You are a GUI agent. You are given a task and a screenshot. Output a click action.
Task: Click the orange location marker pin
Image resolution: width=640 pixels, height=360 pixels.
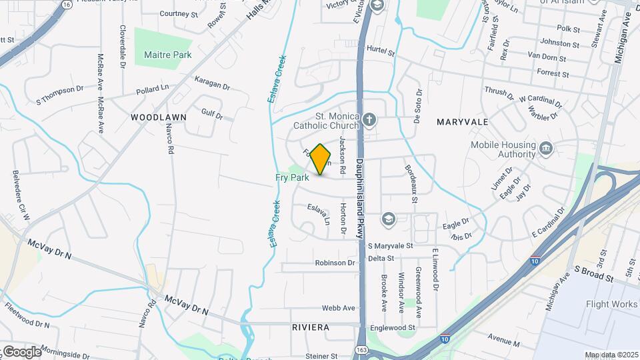[321, 160]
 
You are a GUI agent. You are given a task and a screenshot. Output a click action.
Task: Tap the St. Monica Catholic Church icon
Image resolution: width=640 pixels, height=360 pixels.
[369, 120]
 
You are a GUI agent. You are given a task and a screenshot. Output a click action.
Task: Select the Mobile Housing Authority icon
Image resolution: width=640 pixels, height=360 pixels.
[546, 148]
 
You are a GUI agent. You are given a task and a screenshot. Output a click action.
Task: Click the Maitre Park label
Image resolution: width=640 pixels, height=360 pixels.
[167, 55]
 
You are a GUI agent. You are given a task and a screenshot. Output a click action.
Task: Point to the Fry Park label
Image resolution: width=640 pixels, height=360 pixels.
[292, 178]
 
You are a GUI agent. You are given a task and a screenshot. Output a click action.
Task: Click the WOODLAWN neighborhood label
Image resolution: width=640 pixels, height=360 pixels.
[159, 117]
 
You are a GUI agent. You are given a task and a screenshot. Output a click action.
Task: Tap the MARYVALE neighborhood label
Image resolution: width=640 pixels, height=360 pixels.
[463, 122]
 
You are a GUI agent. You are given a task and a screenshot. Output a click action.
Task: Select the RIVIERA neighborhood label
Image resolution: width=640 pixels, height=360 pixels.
[311, 327]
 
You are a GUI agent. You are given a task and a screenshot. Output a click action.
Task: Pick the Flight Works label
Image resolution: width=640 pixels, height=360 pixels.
[611, 305]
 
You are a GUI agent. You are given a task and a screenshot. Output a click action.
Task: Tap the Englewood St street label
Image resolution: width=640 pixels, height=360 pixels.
[394, 328]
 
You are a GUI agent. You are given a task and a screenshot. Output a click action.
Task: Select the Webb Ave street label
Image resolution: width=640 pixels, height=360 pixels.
[339, 308]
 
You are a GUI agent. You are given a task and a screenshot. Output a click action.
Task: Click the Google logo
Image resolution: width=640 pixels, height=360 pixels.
[21, 351]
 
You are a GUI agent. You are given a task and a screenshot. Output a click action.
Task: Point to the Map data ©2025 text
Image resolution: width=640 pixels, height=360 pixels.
[611, 355]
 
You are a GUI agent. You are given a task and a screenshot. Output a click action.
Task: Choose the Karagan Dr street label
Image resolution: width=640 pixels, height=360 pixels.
[212, 83]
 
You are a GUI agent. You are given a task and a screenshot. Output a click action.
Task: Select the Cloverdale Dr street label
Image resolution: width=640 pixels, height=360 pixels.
[123, 47]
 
